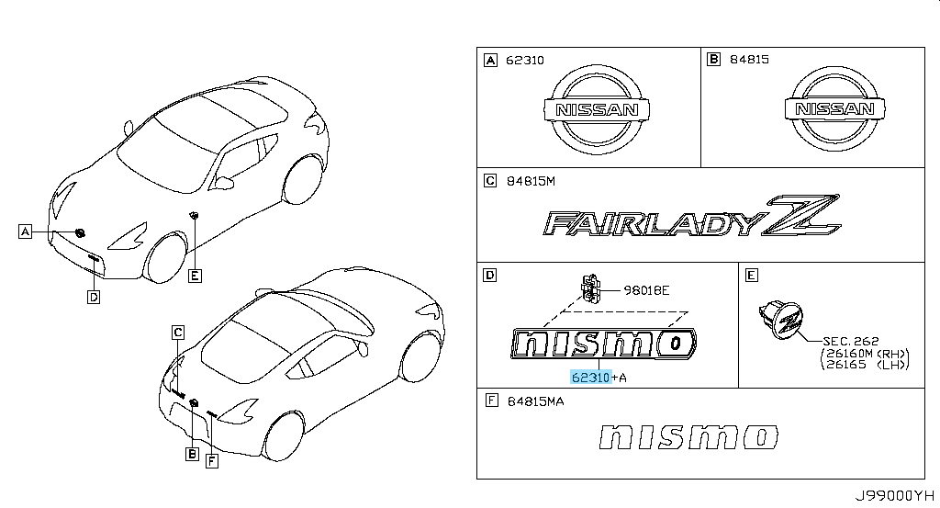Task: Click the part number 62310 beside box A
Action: (524, 60)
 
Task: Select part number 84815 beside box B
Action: (749, 60)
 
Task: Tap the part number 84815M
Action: (531, 181)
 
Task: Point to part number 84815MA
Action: (535, 401)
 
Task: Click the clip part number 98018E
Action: (646, 290)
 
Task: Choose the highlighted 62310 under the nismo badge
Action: (590, 378)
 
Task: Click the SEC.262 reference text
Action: (851, 341)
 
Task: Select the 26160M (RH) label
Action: (864, 354)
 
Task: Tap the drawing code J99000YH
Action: (894, 495)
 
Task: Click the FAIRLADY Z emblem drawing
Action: (692, 216)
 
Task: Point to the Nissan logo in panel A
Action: (596, 109)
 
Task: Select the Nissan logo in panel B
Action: (834, 108)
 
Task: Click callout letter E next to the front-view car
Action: (195, 276)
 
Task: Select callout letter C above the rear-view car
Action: (177, 333)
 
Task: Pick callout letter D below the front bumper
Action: (94, 297)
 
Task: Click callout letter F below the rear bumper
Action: (211, 460)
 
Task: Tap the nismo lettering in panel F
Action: (688, 437)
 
